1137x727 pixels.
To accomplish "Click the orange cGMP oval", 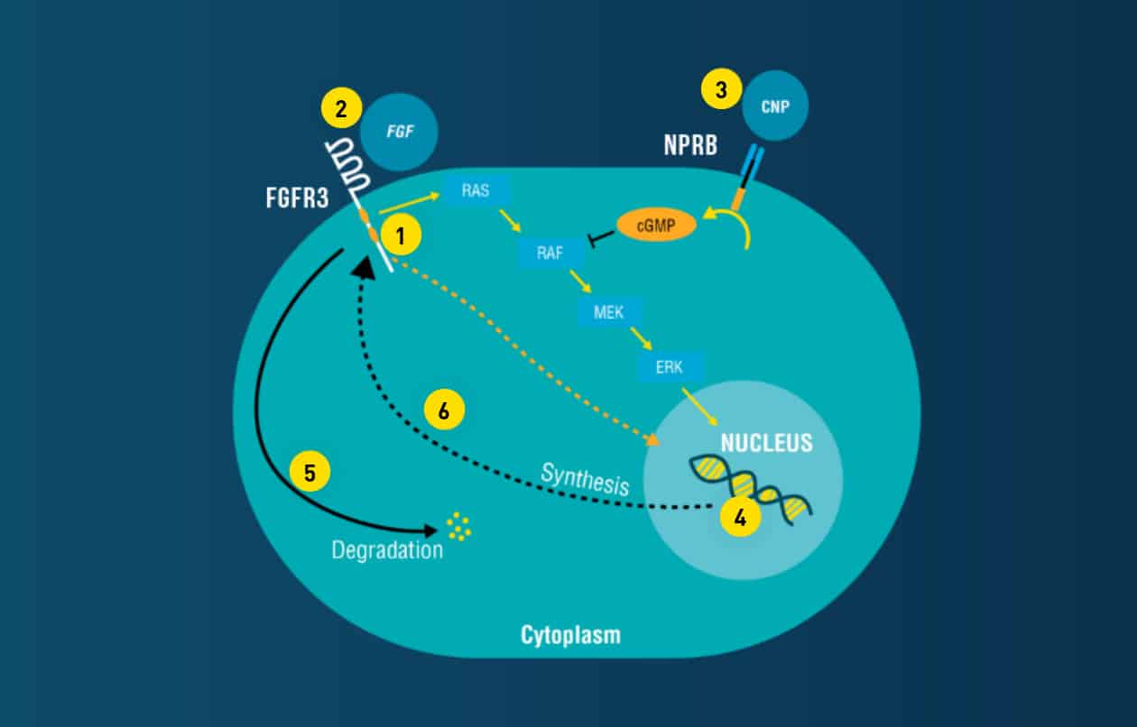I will (656, 225).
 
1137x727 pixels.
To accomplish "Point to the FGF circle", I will (399, 131).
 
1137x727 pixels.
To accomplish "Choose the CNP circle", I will (773, 106).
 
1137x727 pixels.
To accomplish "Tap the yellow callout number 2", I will (340, 109).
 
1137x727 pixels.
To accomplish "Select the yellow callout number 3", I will (720, 90).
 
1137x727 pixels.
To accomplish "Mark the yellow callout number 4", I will (739, 519).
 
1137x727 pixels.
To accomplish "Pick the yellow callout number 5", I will (310, 473).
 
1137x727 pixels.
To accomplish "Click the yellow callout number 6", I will (443, 410).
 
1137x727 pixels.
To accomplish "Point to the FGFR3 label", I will (297, 198).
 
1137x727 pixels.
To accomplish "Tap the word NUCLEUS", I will (766, 444).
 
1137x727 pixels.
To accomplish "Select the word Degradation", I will (387, 549).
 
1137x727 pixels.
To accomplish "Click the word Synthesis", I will (584, 479).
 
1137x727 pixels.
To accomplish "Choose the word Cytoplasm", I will (570, 635).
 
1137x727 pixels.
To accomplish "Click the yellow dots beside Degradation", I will (458, 527).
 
